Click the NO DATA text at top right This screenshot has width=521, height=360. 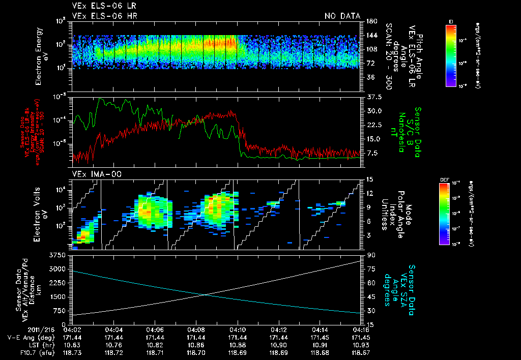tap(342, 16)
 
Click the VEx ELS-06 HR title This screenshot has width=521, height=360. tap(104, 16)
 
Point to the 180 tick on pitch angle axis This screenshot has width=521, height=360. tap(370, 21)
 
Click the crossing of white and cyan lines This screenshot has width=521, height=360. tap(205, 294)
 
